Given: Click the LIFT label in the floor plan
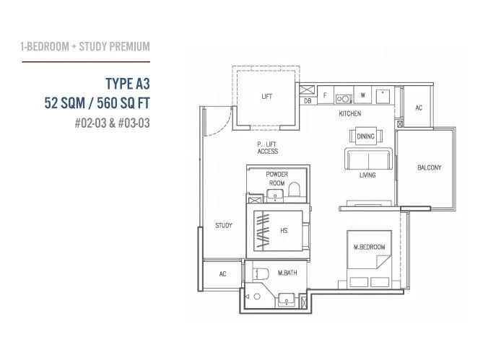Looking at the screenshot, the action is point(266,97).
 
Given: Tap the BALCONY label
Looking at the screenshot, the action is point(430,167).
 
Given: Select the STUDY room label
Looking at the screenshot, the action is point(224,225).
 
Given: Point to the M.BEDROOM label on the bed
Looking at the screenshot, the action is point(369,247).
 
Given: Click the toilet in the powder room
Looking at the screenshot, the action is point(294,189).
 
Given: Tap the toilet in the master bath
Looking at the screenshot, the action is point(261,273).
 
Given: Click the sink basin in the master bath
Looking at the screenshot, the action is point(287,299).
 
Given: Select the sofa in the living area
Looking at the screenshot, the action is point(368,159).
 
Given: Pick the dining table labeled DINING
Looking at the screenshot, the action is point(365,136).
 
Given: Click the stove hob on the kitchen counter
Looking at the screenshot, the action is point(344,99).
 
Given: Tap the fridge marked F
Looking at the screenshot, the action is point(325,95).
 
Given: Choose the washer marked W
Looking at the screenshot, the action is point(362,95).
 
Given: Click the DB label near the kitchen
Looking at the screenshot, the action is point(308,101).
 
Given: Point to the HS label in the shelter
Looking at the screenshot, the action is point(284,231).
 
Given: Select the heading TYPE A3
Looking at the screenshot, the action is point(128,84).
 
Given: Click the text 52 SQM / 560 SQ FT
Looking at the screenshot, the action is point(97,103).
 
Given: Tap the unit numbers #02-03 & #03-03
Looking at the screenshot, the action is point(113,123).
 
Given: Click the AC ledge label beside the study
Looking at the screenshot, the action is point(222,274).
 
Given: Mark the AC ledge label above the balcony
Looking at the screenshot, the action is point(419,108).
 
